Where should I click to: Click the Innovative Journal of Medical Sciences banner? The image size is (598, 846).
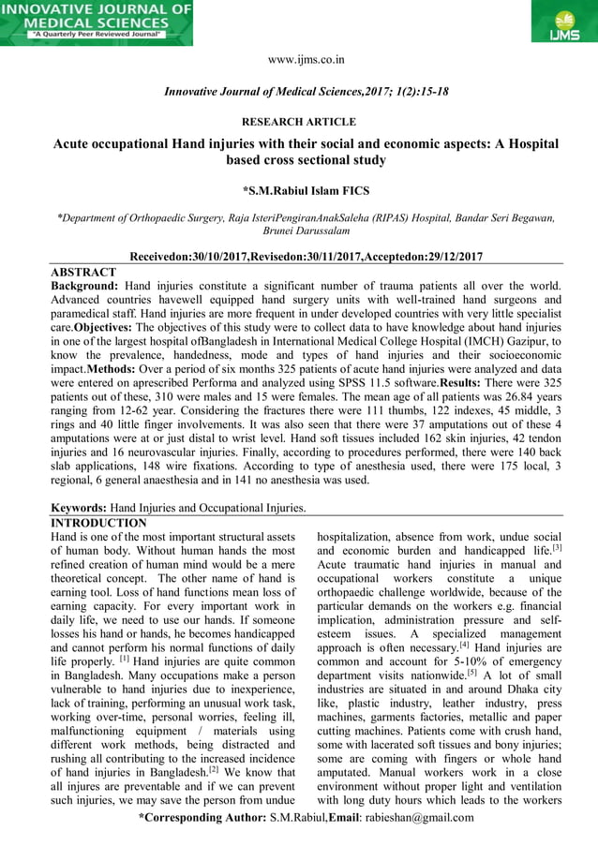point(97,22)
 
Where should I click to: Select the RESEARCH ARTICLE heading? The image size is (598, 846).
point(299,122)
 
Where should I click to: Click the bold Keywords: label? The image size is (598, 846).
point(79,508)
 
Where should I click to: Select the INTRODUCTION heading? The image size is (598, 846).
point(98,523)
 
